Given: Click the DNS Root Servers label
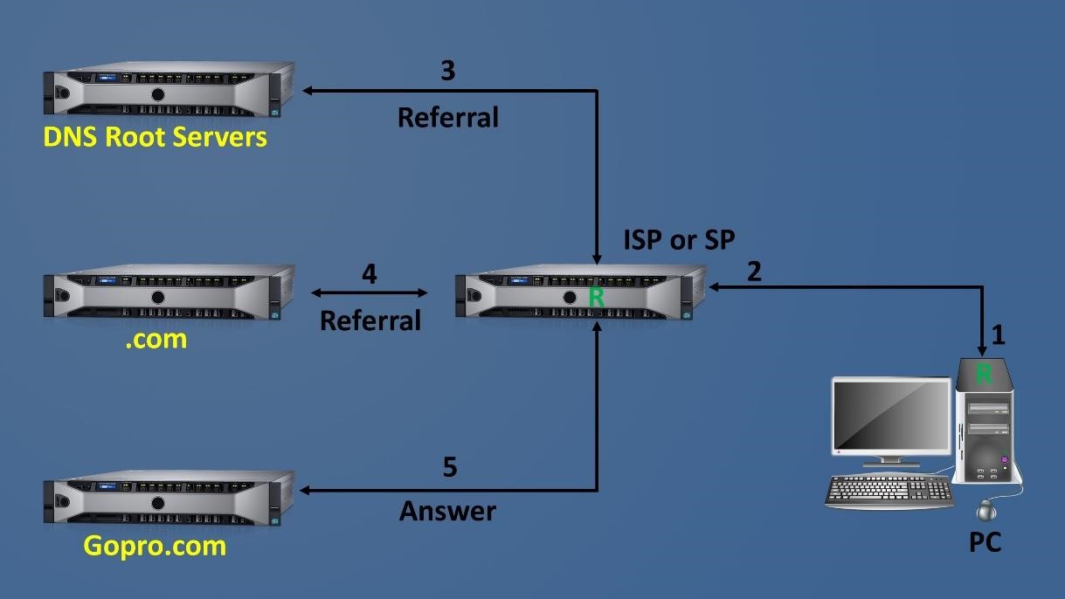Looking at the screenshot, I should click(156, 138).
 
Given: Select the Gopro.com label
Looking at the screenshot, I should click(155, 547).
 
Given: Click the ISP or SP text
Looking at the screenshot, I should click(679, 239).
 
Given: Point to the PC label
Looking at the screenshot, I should click(985, 543).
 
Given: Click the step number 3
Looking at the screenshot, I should click(447, 72).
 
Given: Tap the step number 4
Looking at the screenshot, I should click(370, 274).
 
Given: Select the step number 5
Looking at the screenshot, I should click(449, 467).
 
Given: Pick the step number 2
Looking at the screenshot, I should click(753, 272).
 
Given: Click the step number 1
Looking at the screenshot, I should click(998, 334).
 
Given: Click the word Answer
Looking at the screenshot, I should click(447, 511).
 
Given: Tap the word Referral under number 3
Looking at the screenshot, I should click(447, 117).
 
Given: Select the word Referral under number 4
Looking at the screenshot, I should click(370, 320).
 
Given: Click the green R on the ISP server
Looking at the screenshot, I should click(596, 298).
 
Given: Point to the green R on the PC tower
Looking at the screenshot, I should click(984, 375).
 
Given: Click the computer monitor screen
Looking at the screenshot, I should click(890, 416).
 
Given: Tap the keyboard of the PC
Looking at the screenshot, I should click(889, 491).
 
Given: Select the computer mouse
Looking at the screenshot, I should click(987, 510).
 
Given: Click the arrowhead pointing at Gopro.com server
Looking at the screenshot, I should click(306, 491).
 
